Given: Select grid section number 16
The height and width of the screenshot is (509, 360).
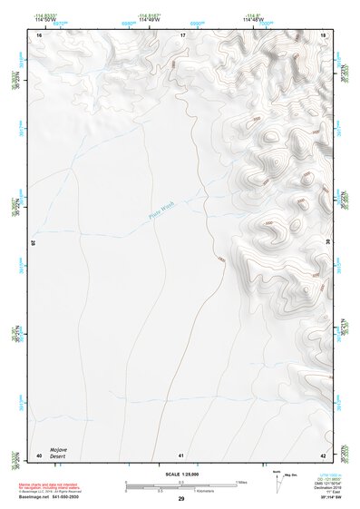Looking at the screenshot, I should tap(39, 34).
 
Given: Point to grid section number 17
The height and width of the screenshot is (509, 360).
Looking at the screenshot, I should tap(182, 34).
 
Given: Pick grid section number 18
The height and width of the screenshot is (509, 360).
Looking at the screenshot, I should tap(324, 34).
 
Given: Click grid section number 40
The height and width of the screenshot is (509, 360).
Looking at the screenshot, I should tap(39, 455).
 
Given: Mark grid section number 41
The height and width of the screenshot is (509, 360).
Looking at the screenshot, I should tap(181, 455).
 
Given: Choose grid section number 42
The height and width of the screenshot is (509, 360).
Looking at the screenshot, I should tap(324, 455).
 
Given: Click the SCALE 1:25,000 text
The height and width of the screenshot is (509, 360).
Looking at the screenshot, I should tap(181, 475).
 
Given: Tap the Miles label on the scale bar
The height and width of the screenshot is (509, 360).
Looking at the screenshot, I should tap(241, 482).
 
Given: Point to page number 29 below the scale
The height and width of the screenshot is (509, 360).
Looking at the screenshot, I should tap(181, 500).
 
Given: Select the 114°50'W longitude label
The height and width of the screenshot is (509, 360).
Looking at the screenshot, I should tap(41, 20).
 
